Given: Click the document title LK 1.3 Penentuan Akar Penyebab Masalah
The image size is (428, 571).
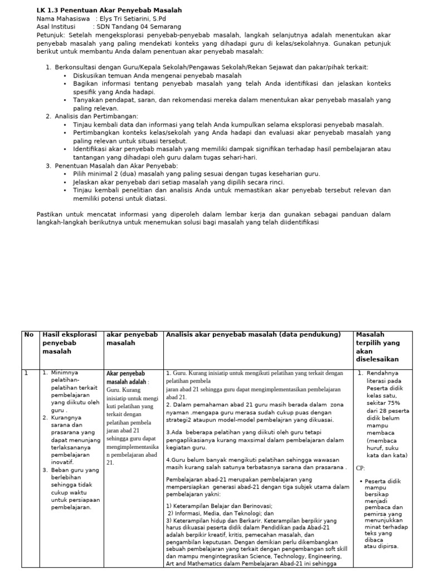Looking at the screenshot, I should [x=109, y=11].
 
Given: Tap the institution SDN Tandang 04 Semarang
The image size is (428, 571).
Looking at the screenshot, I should [x=139, y=26].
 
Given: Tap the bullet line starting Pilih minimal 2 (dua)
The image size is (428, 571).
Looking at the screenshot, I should [x=196, y=174].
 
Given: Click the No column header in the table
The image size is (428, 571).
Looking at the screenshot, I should [x=28, y=335].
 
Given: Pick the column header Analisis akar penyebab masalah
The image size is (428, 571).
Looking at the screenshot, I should [x=252, y=335].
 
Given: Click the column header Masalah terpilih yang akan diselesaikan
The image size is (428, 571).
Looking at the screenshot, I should [x=380, y=347].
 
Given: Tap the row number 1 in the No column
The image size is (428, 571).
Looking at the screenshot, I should [x=26, y=373].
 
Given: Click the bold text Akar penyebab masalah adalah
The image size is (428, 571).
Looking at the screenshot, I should [x=126, y=378].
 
